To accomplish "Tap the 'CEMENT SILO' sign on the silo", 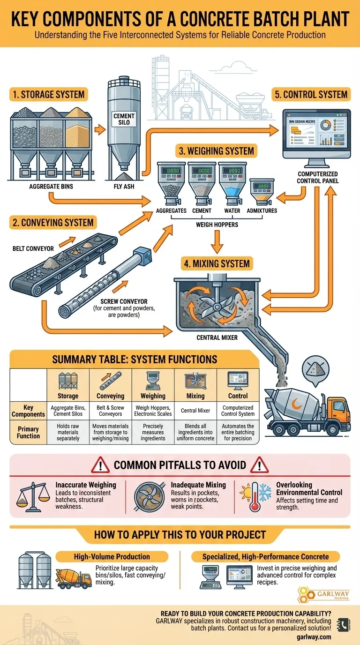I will (124, 119).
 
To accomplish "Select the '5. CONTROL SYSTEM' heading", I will (311, 94).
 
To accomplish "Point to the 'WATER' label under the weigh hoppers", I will (232, 211).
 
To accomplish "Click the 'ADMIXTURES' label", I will (262, 211).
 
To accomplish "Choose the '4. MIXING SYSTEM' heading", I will (217, 263).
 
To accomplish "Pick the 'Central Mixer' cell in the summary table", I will (195, 411).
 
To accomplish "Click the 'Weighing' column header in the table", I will (153, 396).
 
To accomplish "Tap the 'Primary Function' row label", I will (29, 432).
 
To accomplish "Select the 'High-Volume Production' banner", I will (112, 557).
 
